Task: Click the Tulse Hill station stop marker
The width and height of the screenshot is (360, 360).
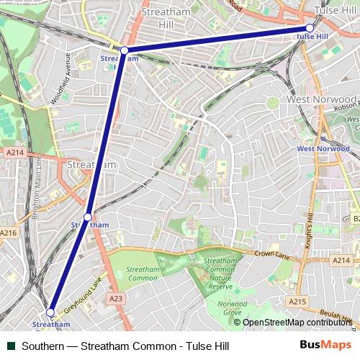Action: click(x=310, y=28)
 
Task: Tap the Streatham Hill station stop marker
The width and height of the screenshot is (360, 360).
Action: click(x=124, y=50)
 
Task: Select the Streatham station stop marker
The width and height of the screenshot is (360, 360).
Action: click(x=88, y=217)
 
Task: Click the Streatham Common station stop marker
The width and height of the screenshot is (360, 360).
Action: click(x=50, y=312)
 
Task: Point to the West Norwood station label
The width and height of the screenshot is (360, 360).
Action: click(x=323, y=148)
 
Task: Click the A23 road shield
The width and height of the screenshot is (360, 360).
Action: click(x=115, y=297)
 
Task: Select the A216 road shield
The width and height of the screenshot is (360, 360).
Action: click(x=9, y=233)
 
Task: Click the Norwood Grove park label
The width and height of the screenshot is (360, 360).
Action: click(x=232, y=308)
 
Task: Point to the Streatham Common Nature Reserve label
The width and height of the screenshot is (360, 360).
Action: click(x=220, y=274)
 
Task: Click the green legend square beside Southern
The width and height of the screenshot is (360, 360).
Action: click(x=11, y=346)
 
